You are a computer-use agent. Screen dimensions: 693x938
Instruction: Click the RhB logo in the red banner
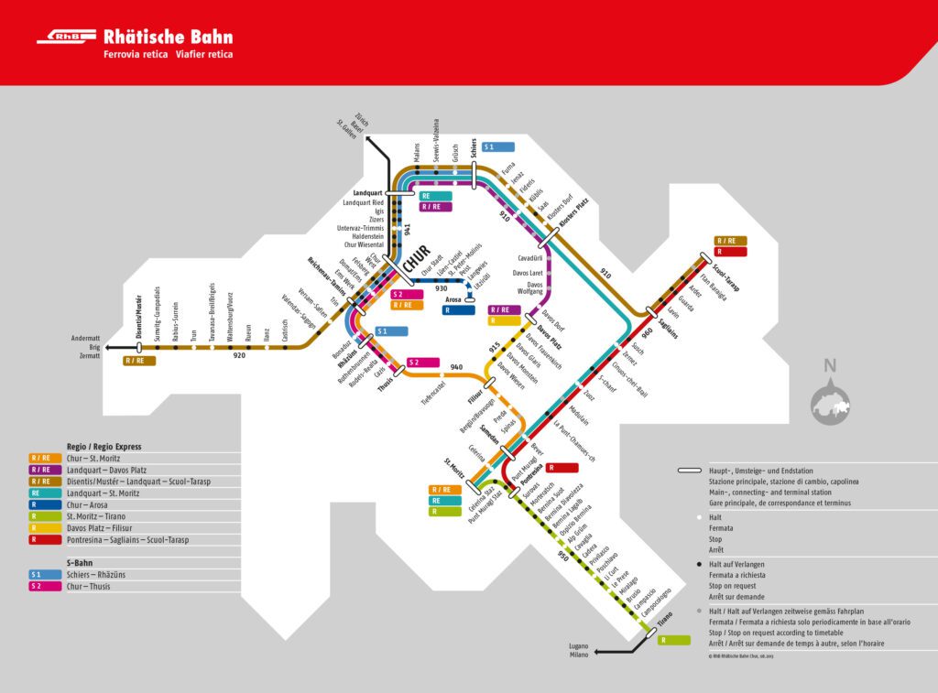[65, 38]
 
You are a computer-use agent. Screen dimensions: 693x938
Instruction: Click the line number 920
[240, 354]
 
